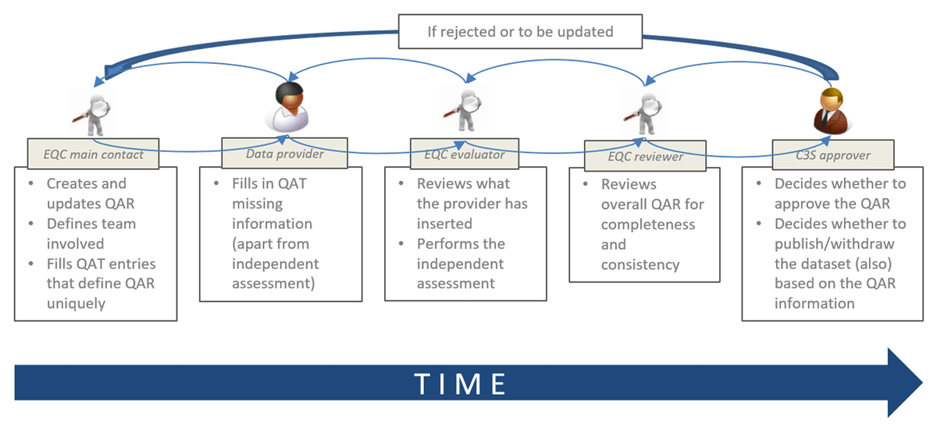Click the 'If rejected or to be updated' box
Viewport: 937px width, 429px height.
(x=519, y=32)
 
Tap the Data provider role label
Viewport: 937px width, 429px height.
(x=284, y=154)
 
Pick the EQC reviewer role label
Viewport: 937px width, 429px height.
(x=645, y=156)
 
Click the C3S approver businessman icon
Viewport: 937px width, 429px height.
(x=830, y=110)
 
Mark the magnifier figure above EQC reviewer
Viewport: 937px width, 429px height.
(x=645, y=110)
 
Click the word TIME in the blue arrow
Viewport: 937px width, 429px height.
(x=461, y=384)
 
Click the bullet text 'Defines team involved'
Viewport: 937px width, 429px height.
(x=91, y=233)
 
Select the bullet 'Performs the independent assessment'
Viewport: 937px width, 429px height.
(x=460, y=263)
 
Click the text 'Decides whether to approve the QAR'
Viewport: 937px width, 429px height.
(x=839, y=193)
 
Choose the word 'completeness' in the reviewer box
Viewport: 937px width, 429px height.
(x=647, y=225)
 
